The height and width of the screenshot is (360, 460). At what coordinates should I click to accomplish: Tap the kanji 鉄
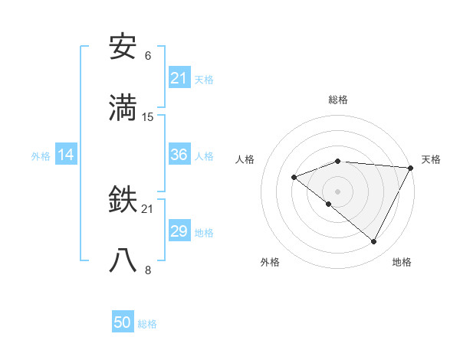[x=123, y=201]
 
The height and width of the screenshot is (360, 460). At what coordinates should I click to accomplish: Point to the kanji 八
[x=123, y=260]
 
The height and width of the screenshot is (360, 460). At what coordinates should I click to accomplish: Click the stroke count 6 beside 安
[x=148, y=57]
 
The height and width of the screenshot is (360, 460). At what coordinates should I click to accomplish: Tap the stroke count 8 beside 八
[x=148, y=270]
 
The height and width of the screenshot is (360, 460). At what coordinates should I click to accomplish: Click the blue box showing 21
[x=179, y=78]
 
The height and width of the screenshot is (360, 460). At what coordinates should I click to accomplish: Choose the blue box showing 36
[x=179, y=155]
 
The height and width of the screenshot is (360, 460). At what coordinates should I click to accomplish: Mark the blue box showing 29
[x=179, y=231]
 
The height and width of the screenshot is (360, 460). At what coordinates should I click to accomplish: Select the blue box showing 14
[x=66, y=155]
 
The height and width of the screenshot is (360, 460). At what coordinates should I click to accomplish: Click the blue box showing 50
[x=123, y=323]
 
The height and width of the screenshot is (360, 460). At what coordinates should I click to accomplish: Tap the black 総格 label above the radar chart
[x=338, y=100]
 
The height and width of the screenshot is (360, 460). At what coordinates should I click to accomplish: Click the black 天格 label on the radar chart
[x=431, y=159]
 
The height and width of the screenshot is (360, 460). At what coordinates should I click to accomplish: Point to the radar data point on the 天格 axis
[x=411, y=167]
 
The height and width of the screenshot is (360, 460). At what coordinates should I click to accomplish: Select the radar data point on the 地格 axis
[x=374, y=242]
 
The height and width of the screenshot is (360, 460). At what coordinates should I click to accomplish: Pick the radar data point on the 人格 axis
[x=294, y=178]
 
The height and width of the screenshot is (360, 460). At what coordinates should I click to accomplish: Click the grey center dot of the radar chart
[x=338, y=191]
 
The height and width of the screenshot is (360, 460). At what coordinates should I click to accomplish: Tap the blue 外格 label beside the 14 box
[x=41, y=155]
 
